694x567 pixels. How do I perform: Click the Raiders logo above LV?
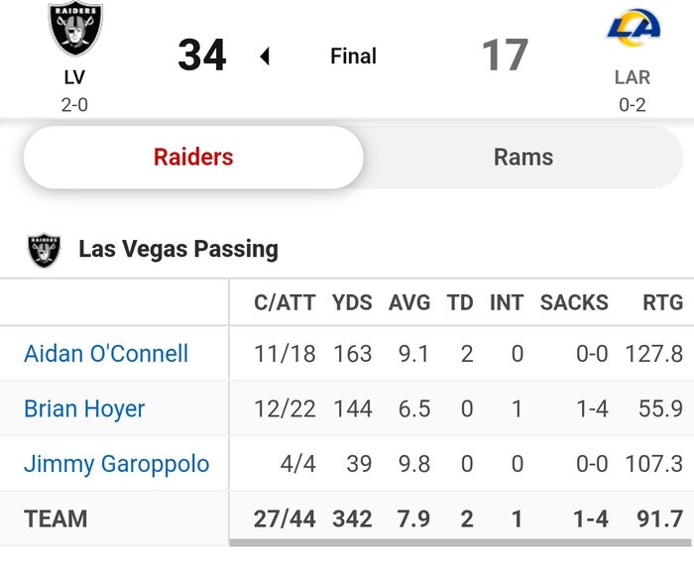tap(75, 30)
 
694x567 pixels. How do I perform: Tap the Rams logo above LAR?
tap(633, 27)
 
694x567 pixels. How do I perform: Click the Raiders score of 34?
tap(202, 56)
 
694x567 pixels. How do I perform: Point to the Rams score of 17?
tap(505, 56)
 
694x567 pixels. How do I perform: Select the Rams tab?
tap(523, 157)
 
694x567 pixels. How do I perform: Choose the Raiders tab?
tap(193, 157)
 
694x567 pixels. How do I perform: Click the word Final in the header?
tap(353, 57)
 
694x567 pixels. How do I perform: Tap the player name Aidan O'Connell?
tap(106, 353)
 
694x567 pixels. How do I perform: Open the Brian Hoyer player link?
tap(84, 408)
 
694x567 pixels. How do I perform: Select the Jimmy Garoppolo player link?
tap(116, 464)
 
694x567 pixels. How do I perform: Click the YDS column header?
tap(352, 302)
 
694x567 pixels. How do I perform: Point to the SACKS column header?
tap(574, 302)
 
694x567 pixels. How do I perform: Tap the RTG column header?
tap(657, 302)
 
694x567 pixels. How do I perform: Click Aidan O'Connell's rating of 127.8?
tap(653, 353)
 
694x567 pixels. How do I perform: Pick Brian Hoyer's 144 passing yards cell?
tap(352, 408)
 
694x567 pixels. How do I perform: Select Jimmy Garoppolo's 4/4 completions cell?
tap(297, 464)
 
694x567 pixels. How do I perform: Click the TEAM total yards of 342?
tap(352, 518)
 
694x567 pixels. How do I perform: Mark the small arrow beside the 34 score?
tap(265, 57)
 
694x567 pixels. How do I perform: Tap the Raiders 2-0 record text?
tap(74, 104)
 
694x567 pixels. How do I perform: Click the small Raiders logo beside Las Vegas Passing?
tap(45, 250)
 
